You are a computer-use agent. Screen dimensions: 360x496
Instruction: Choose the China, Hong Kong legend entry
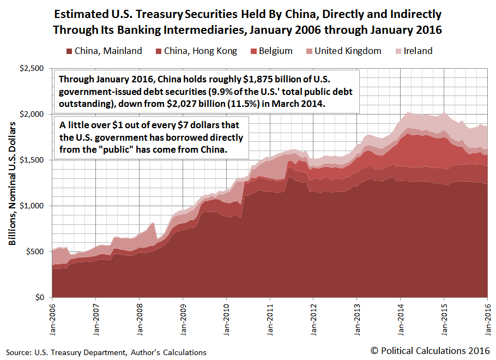(x=205, y=51)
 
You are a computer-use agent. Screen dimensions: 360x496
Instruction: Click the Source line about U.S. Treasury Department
(x=107, y=352)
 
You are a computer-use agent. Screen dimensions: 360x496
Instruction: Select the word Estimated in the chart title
(x=93, y=14)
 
